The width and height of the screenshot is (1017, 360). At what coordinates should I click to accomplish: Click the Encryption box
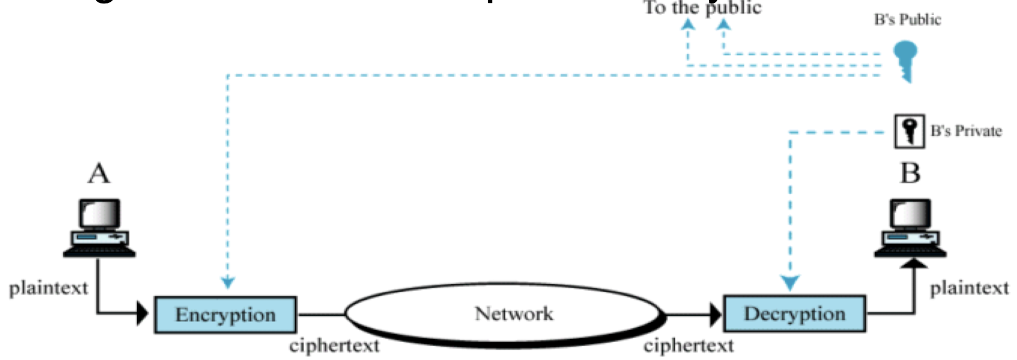click(225, 315)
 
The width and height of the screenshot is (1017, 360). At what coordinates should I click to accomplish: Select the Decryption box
click(794, 314)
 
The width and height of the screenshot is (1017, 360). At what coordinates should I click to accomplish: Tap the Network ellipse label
click(513, 314)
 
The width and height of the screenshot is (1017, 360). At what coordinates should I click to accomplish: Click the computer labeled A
click(100, 228)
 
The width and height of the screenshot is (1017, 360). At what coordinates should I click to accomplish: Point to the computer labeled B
click(910, 228)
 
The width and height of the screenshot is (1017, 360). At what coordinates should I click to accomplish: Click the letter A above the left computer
click(99, 173)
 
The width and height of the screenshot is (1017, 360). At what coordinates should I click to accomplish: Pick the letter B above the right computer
click(910, 173)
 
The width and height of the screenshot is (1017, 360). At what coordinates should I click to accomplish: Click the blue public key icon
click(905, 60)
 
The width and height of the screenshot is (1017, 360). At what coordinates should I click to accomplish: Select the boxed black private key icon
click(909, 131)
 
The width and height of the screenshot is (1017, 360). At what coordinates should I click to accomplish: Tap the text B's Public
click(907, 20)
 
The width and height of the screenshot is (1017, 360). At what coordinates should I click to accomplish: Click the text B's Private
click(966, 131)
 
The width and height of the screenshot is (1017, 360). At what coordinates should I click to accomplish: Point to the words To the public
click(702, 8)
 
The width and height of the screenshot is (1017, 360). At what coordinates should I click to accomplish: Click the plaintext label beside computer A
click(48, 288)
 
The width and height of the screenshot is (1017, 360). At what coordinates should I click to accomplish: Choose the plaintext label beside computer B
click(969, 288)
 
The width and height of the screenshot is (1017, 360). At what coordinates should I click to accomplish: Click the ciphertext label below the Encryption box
click(334, 346)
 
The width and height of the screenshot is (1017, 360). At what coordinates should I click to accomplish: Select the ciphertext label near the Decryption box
click(689, 346)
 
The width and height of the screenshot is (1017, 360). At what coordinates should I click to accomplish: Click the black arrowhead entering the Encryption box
click(142, 313)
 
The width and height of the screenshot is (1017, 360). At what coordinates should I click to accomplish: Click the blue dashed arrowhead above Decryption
click(790, 283)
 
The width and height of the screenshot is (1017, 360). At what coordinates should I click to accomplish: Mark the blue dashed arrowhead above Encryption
click(228, 282)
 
